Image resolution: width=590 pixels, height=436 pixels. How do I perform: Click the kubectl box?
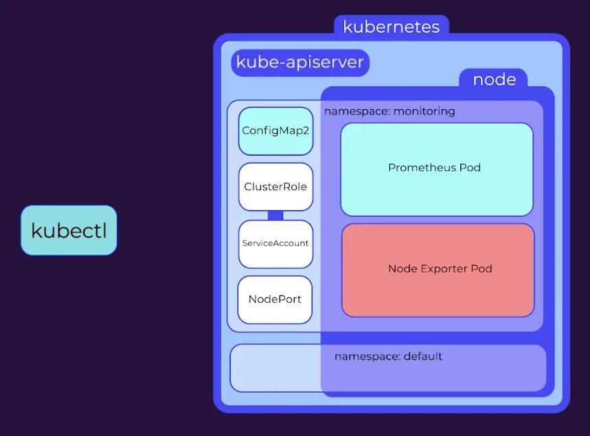pos(69,231)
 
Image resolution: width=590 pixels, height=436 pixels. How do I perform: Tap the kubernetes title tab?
pos(391,27)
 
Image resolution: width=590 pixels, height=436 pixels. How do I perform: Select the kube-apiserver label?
pos(299,62)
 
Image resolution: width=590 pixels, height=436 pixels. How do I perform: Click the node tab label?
pos(494,79)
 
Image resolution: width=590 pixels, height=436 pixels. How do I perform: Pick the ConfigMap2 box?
pos(275,130)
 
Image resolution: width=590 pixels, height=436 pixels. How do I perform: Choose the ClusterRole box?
pos(275,187)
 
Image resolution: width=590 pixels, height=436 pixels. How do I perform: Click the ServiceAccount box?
pos(275,243)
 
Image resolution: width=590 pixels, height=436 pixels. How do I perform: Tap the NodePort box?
pos(275,299)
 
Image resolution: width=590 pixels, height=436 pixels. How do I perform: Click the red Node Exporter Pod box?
pos(438,269)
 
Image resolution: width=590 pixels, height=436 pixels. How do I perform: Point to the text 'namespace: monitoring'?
pos(389,111)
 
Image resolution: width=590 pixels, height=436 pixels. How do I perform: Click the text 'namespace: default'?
pos(388,356)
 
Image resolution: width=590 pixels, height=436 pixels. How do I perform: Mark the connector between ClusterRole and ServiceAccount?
pos(275,216)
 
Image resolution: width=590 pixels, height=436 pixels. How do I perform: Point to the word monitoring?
pos(424,111)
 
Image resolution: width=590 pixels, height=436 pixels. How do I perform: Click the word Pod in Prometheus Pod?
pos(470,168)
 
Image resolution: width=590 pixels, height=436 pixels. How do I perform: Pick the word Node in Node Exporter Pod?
pos(402,268)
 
